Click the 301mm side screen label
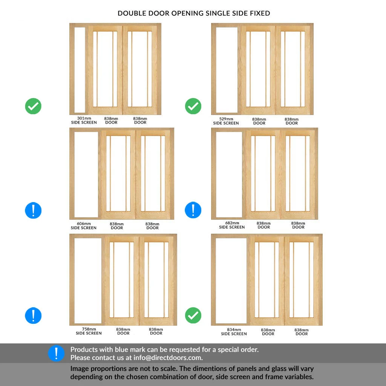coord(84,120)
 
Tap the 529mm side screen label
coord(226,121)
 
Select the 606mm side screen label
coord(84,226)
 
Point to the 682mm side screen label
coord(232,225)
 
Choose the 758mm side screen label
coord(89,331)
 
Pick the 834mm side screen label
coord(234,332)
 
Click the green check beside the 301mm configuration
coord(33,106)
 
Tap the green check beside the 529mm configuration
coord(193,106)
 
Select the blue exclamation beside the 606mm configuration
coord(33,210)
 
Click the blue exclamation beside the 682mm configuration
coord(193,210)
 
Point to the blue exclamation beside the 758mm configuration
coord(33,316)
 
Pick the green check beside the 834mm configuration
coord(193,316)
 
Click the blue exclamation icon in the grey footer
coord(56,353)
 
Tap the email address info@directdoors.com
coord(168,358)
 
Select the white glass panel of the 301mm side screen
coord(80,70)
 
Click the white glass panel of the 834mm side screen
coord(231,280)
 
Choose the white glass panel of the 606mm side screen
coord(86,175)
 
